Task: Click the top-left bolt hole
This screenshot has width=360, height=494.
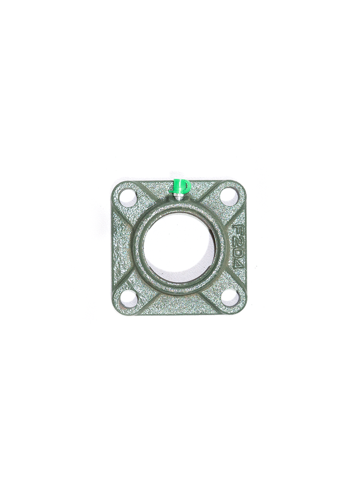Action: click(129, 198)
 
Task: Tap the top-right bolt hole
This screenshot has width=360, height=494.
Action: click(229, 196)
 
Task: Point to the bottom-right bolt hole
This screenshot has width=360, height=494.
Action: click(230, 297)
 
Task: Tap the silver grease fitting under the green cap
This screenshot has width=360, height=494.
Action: click(179, 198)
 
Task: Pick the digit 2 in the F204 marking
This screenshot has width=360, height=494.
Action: click(239, 240)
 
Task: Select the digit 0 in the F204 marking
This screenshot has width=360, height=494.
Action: click(239, 253)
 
